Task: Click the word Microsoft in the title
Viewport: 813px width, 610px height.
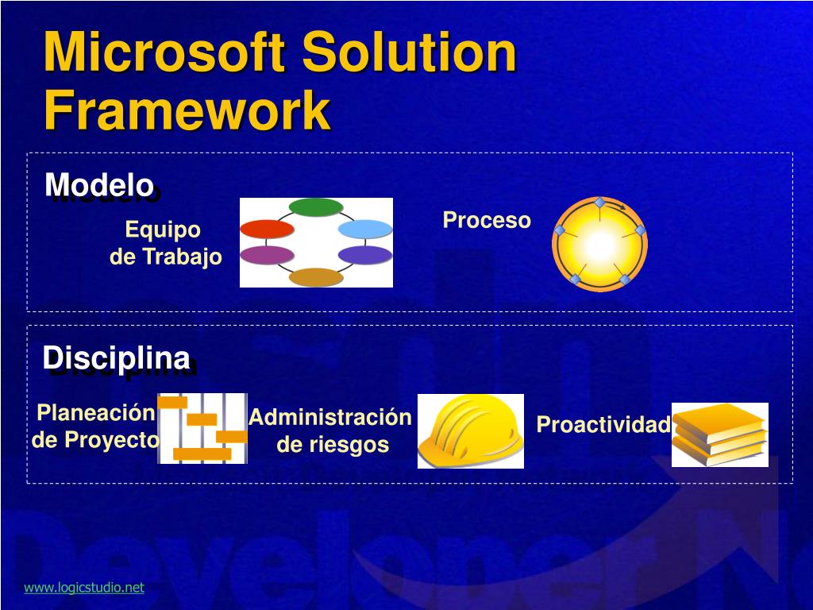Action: point(164,51)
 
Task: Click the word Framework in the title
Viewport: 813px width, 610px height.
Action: point(187,110)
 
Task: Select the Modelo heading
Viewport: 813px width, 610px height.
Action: point(99,184)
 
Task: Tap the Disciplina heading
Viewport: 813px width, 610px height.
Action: point(116,357)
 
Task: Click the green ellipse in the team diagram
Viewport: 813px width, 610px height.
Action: point(316,207)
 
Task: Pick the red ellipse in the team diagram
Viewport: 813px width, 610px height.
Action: point(267,230)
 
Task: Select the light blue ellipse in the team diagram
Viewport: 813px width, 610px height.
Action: point(365,229)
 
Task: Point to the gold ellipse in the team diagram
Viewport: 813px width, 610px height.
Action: point(316,277)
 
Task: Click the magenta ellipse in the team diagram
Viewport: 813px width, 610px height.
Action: point(267,255)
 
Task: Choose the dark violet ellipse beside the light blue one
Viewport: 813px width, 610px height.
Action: point(365,255)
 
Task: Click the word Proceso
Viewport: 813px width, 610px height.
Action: point(487,221)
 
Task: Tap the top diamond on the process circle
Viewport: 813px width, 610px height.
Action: point(599,203)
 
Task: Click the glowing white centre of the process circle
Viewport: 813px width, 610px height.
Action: point(600,245)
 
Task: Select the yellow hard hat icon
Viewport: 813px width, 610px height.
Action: point(470,431)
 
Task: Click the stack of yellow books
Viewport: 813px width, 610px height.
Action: point(719,434)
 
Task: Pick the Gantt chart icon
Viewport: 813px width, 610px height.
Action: point(202,428)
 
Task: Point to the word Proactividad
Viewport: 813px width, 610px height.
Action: point(603,424)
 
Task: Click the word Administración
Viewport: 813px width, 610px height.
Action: point(329,417)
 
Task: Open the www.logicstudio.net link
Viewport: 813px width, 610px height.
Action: point(84,587)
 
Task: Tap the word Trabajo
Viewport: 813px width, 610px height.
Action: point(182,257)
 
